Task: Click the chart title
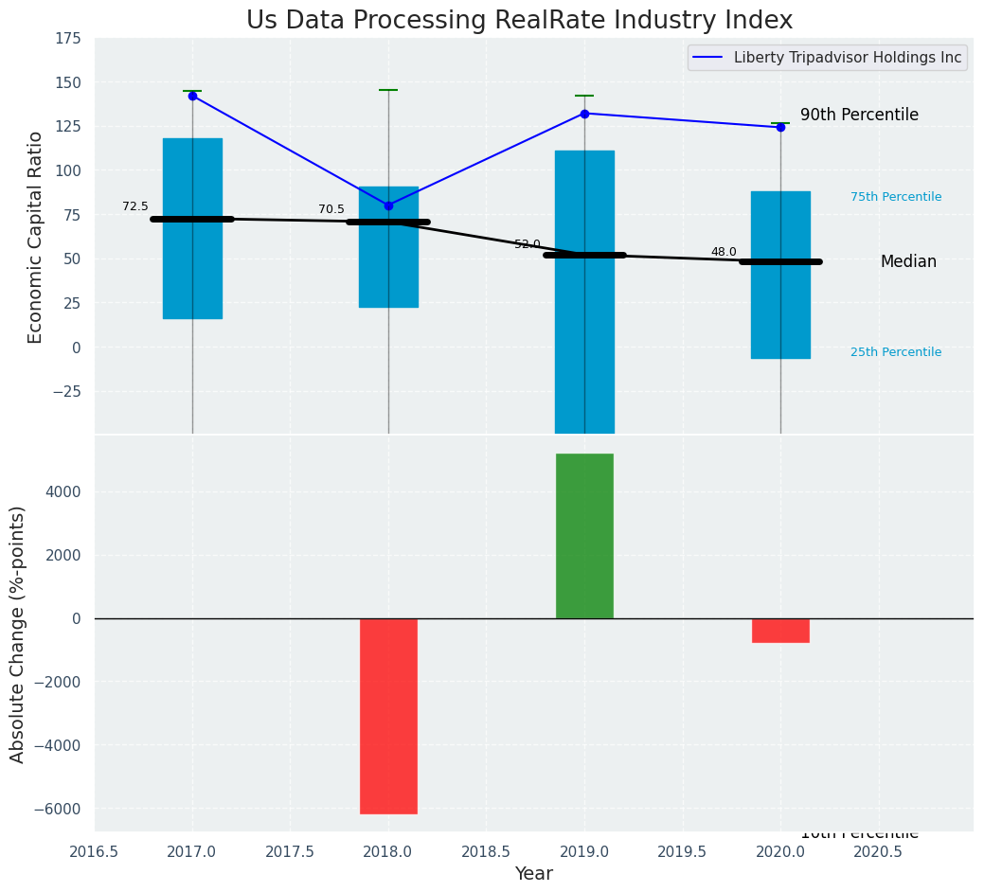[x=519, y=21]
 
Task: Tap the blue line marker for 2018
[x=388, y=205]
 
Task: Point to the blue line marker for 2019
[x=584, y=114]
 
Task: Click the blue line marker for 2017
[x=192, y=96]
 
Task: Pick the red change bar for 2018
[x=388, y=716]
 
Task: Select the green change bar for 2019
[x=584, y=536]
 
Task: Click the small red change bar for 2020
[x=780, y=631]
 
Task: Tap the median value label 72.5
[x=135, y=206]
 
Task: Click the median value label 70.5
[x=331, y=209]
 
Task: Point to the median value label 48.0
[x=724, y=252]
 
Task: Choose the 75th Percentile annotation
[x=896, y=197]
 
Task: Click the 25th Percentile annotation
[x=896, y=352]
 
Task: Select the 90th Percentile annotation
[x=859, y=115]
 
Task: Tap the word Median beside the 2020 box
[x=908, y=261]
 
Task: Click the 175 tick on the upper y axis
[x=67, y=39]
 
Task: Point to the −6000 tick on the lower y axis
[x=58, y=809]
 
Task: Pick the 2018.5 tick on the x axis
[x=487, y=851]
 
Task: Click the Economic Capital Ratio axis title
[x=36, y=237]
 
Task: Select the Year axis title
[x=533, y=874]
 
